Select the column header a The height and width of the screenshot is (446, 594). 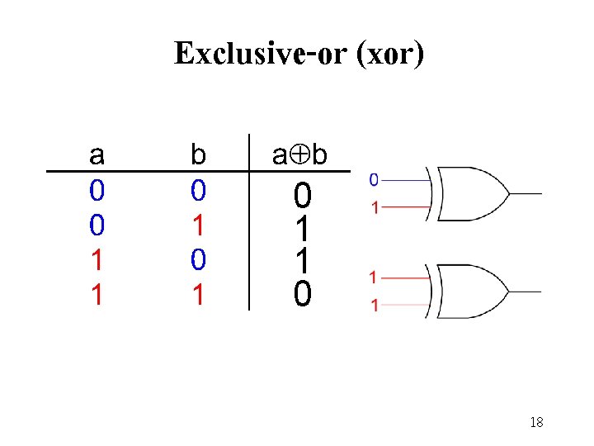coord(97,154)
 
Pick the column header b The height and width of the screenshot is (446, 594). coord(198,154)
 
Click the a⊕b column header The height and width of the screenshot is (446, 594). coord(302,154)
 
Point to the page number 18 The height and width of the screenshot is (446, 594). coord(536,422)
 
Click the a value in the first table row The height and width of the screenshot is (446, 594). coord(97,192)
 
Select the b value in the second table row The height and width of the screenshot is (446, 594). coord(198,225)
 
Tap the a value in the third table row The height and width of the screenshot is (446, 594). coord(97,260)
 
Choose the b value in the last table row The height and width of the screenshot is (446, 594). coord(198,295)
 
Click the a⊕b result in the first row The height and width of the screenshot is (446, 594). coord(303,197)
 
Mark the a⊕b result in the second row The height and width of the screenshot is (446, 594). coord(303,229)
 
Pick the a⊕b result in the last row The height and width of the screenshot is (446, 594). coord(303,293)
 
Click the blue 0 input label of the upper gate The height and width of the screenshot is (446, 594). coord(374,178)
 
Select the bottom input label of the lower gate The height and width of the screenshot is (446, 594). coord(375,306)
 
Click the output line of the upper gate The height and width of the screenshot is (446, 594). coord(525,194)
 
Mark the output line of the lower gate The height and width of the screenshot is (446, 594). coord(525,292)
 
